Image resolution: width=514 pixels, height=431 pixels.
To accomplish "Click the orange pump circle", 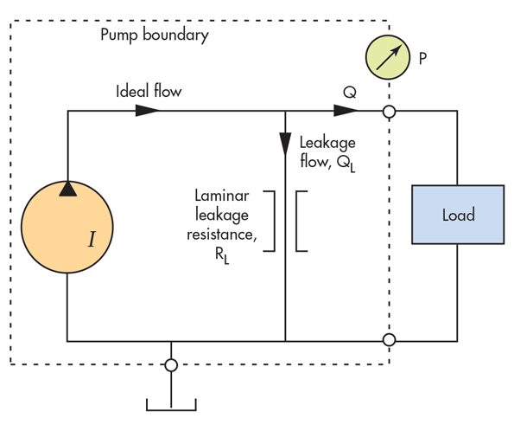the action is [67, 227].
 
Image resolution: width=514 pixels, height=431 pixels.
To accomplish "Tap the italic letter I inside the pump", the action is [92, 239].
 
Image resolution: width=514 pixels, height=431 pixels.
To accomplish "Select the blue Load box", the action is [458, 215].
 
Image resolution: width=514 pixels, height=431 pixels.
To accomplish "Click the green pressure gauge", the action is [388, 57].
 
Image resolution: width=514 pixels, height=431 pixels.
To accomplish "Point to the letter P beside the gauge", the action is [423, 59].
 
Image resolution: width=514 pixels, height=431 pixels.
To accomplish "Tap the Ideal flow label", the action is [149, 91].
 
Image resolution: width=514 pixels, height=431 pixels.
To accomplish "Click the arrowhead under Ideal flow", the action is [148, 111].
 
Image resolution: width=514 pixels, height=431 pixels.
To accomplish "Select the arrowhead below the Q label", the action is [346, 111].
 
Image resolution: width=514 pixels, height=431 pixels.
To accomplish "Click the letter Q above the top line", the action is [350, 93].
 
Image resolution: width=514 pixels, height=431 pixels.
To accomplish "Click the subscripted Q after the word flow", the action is [346, 164].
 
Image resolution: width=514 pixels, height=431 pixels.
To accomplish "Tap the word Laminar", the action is [222, 196].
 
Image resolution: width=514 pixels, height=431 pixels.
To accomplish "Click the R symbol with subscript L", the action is [222, 255].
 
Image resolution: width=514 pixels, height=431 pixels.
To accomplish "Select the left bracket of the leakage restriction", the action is [269, 221].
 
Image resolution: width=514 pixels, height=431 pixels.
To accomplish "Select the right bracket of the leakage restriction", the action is [301, 221].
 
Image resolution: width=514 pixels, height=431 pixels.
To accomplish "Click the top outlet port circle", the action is [389, 112].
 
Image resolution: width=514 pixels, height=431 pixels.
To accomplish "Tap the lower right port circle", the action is [389, 339].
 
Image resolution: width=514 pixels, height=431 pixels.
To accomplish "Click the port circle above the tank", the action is [171, 365].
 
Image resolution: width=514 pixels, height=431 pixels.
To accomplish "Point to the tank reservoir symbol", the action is [171, 405].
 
